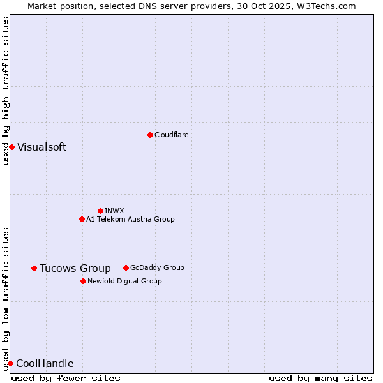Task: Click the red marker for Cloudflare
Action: tap(150, 135)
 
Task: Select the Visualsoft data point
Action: tap(11, 147)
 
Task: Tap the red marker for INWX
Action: tap(100, 211)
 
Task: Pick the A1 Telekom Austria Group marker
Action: tap(82, 219)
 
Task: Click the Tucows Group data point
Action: tap(34, 268)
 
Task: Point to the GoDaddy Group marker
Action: tap(126, 267)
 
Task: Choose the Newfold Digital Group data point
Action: tap(83, 281)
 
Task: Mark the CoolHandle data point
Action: tap(10, 363)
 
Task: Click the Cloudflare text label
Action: tap(172, 135)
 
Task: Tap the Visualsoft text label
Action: tap(41, 147)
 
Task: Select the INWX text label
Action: tap(114, 211)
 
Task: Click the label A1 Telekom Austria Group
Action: tap(130, 219)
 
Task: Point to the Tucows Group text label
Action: tap(75, 268)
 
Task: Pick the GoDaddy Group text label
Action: tap(157, 267)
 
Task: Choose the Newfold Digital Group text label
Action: tap(124, 281)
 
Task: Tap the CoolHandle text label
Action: tap(45, 363)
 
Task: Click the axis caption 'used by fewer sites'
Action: tap(66, 378)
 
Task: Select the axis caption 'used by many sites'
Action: tap(320, 378)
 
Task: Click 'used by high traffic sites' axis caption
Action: tap(6, 91)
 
